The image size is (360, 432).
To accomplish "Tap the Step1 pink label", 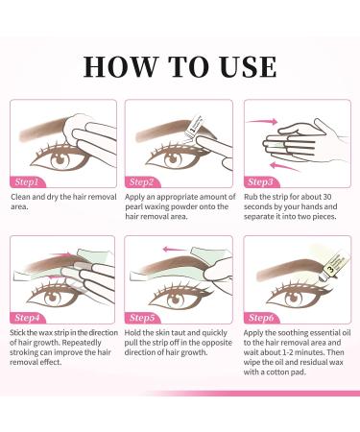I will (x=27, y=180).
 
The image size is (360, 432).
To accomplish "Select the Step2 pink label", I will (x=142, y=180).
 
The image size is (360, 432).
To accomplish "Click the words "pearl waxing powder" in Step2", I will (x=170, y=209).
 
